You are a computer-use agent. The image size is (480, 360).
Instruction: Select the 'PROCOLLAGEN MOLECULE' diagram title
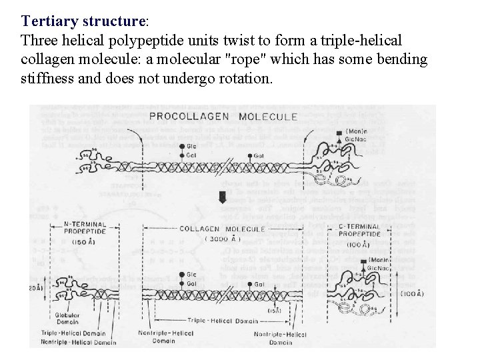point(223,117)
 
